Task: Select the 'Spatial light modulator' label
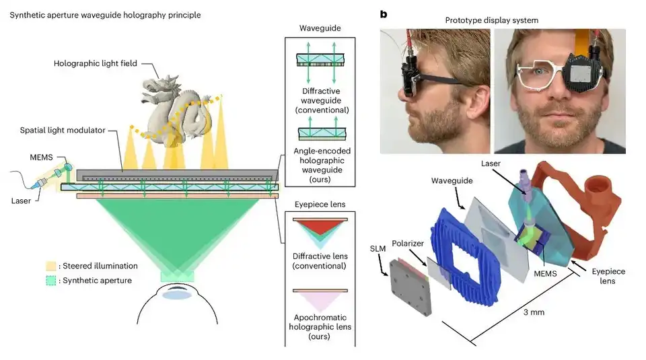[64, 130]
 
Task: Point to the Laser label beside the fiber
[23, 201]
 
